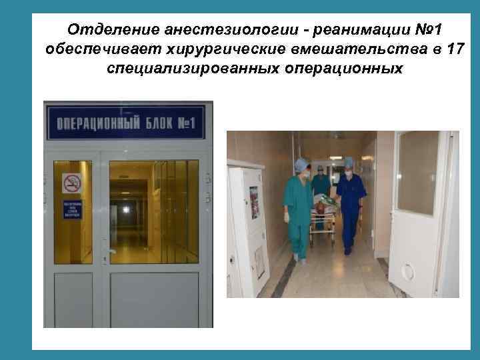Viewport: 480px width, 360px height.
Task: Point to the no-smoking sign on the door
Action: pyautogui.click(x=71, y=183)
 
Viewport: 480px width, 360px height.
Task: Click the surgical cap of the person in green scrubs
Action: pyautogui.click(x=303, y=163)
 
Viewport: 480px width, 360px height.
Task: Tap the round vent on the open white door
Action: pyautogui.click(x=407, y=271)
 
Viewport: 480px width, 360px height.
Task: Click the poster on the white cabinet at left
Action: pyautogui.click(x=254, y=202)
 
